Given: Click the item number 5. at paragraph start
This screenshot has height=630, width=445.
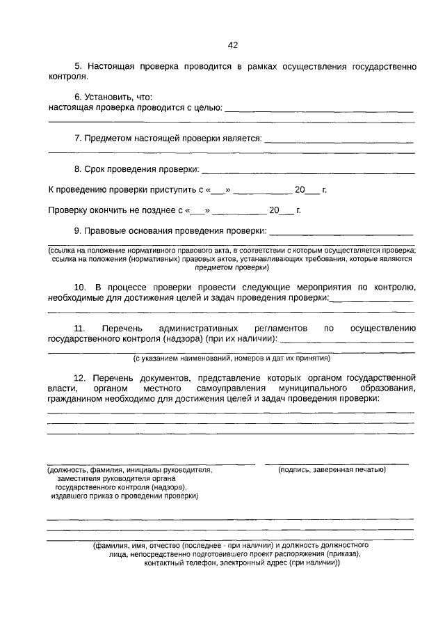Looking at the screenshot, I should pos(79,66).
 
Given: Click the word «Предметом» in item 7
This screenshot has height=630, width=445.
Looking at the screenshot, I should pos(106,138).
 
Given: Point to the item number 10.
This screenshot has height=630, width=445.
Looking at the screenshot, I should pos(80,287).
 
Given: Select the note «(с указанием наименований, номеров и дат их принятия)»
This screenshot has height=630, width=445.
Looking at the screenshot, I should pos(232,359).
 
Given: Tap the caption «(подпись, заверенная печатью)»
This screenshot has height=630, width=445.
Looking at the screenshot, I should pos(332,470).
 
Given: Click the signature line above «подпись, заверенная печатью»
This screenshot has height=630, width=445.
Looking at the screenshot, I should pos(337,463).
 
